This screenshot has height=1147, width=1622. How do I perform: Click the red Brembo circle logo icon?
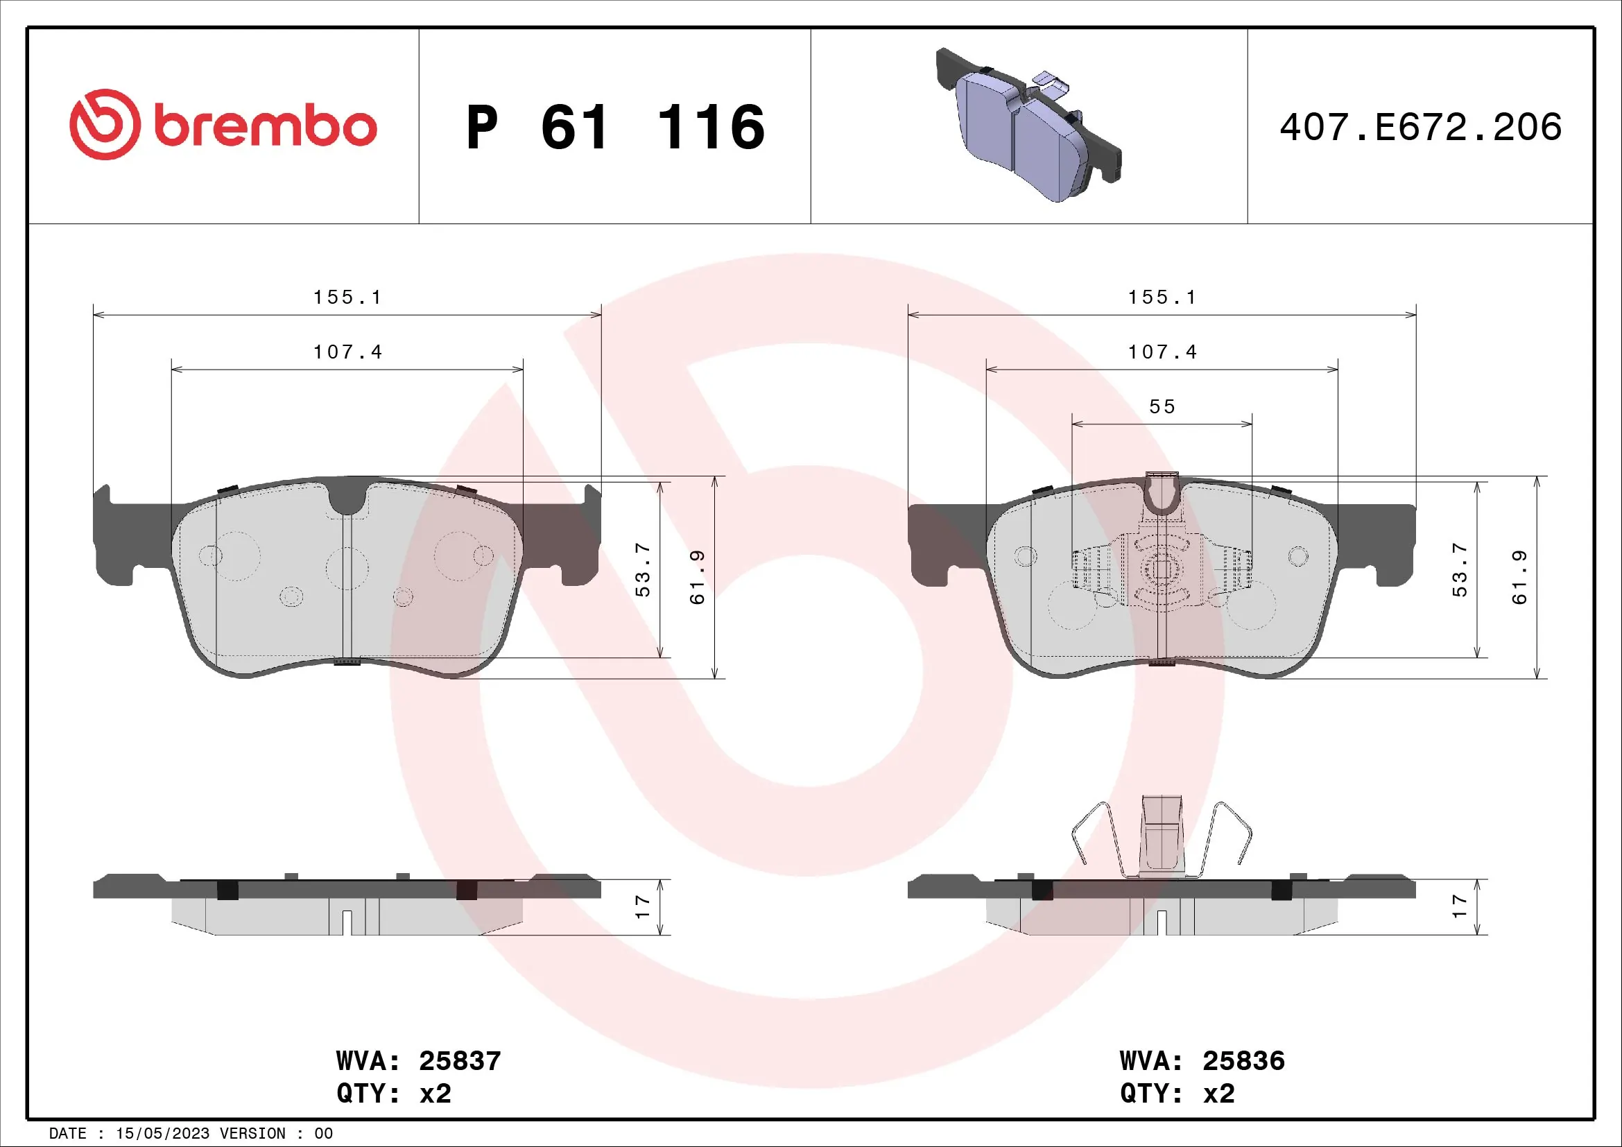[x=105, y=124]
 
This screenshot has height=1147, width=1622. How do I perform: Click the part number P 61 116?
[x=614, y=127]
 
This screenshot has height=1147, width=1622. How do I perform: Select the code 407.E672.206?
[x=1421, y=127]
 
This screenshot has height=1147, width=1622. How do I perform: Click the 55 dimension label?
[x=1162, y=407]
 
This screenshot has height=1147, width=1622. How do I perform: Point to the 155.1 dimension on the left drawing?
[x=347, y=297]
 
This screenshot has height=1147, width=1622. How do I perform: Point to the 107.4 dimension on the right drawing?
[x=1162, y=352]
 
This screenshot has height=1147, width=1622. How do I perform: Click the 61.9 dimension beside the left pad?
[x=697, y=577]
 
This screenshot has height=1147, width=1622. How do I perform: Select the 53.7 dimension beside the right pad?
[x=1460, y=571]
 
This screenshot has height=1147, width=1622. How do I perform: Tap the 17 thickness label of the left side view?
[x=642, y=907]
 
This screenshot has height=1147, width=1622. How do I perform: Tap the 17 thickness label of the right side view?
[x=1460, y=907]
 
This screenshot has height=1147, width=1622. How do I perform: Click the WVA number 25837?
[x=460, y=1061]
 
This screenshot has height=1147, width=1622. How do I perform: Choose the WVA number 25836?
[x=1243, y=1061]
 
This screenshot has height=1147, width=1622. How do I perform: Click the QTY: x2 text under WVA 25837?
[x=393, y=1094]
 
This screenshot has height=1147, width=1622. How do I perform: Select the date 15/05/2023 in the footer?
[x=162, y=1133]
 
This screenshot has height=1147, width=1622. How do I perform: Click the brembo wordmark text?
[x=265, y=127]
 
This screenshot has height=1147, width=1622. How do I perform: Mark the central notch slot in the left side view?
[x=347, y=921]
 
